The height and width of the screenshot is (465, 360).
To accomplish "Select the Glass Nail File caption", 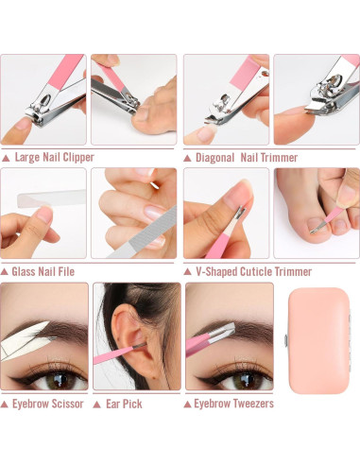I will (44, 271).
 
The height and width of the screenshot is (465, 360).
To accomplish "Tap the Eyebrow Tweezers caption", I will (233, 404).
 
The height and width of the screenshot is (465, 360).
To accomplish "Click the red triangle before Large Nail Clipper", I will (7, 158).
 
